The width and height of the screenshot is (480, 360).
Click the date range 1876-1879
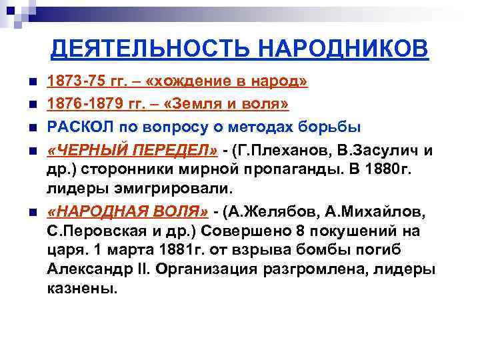point(83,105)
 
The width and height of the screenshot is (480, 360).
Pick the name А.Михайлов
point(374,214)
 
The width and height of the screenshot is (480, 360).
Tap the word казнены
point(81,290)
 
